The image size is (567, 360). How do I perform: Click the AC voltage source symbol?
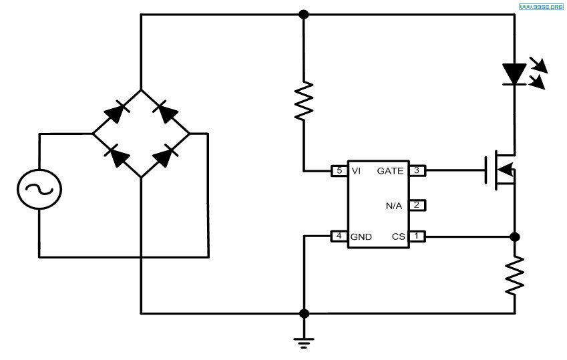[39, 189]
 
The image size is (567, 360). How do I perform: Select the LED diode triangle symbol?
[514, 75]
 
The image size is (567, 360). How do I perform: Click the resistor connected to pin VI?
[304, 101]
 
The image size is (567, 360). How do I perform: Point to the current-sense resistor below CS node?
[514, 275]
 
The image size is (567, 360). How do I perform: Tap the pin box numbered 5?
[339, 171]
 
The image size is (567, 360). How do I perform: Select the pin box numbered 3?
[417, 170]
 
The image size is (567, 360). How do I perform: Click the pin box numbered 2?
[417, 205]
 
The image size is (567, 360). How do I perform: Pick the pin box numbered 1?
[417, 236]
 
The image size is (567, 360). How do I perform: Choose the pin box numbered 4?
[339, 236]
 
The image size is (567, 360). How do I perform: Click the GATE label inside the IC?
[390, 171]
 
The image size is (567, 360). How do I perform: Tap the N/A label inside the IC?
[394, 206]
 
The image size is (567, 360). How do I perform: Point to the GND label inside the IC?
[361, 237]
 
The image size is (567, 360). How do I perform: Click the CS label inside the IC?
[399, 236]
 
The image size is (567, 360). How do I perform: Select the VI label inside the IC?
[356, 171]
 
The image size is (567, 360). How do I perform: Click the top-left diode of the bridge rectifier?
[116, 112]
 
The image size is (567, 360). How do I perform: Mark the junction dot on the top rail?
[304, 15]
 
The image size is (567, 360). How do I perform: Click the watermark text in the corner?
[540, 7]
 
